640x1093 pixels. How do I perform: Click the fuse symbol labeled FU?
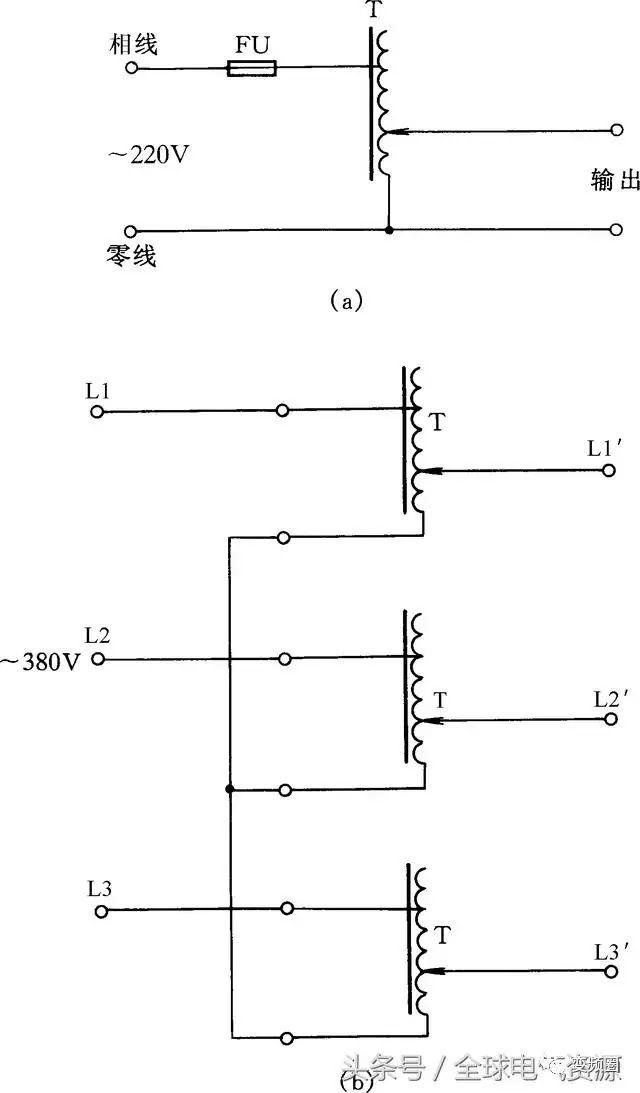(x=251, y=68)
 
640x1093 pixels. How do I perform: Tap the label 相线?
(x=135, y=45)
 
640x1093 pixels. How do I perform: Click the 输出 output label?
(x=614, y=180)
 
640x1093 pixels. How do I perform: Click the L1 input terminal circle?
(x=97, y=410)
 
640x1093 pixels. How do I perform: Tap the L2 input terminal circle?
(x=98, y=659)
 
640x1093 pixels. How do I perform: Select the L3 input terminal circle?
(x=99, y=910)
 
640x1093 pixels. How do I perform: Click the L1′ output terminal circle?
(x=609, y=469)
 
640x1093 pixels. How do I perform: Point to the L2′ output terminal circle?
(x=610, y=719)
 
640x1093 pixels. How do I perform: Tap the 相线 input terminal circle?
(x=130, y=68)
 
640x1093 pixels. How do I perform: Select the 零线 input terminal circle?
(x=130, y=230)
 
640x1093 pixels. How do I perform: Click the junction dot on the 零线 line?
(x=388, y=230)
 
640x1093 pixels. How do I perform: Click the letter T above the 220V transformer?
(x=375, y=11)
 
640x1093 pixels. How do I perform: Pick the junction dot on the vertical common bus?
(x=230, y=790)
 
